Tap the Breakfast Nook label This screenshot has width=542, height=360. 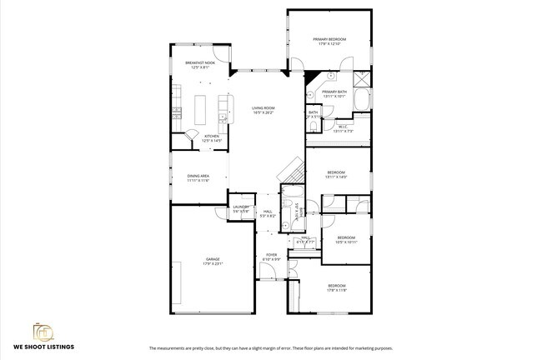200,64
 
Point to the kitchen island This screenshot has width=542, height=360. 200,107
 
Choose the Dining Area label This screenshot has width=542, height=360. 198,177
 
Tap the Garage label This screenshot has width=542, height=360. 213,261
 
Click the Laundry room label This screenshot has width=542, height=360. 241,208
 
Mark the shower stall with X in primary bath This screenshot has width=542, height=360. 361,81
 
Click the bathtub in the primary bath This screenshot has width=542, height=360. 362,102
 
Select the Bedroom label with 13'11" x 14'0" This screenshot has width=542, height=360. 336,174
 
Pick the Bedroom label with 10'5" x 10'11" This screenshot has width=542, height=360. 346,239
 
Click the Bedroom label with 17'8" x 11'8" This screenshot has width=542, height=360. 336,287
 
